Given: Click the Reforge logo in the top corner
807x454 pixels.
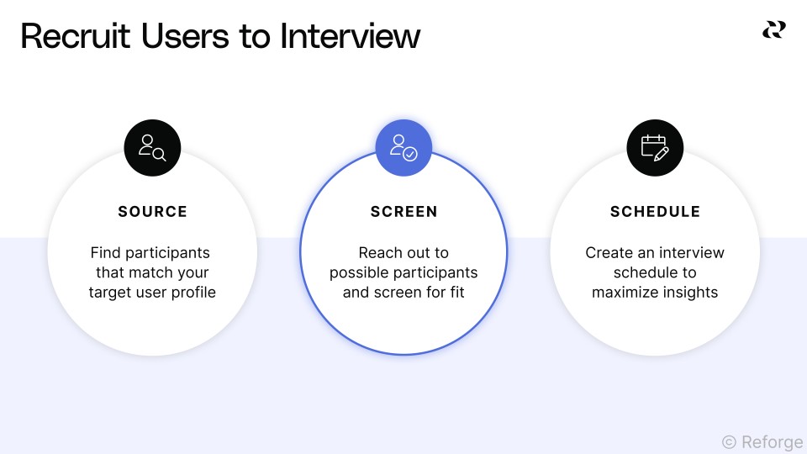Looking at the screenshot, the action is tap(773, 29).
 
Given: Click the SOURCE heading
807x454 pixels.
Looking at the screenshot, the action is tap(152, 212).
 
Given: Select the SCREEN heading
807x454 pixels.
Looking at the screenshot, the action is tap(403, 212).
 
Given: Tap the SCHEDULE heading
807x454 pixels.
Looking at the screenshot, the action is tap(655, 212).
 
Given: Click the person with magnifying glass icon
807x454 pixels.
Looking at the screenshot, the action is tap(152, 148).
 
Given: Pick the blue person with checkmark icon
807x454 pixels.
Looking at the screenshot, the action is tap(403, 148).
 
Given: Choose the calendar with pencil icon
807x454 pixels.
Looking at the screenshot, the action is tap(655, 148).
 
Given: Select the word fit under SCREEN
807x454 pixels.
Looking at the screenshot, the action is tap(455, 293).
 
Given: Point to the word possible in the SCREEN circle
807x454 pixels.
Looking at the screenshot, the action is tap(356, 273).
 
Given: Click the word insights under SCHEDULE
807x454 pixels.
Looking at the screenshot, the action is tap(689, 293).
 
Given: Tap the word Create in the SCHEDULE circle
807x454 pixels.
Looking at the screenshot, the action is tap(608, 253).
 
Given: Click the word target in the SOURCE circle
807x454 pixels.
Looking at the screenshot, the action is tap(111, 293).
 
